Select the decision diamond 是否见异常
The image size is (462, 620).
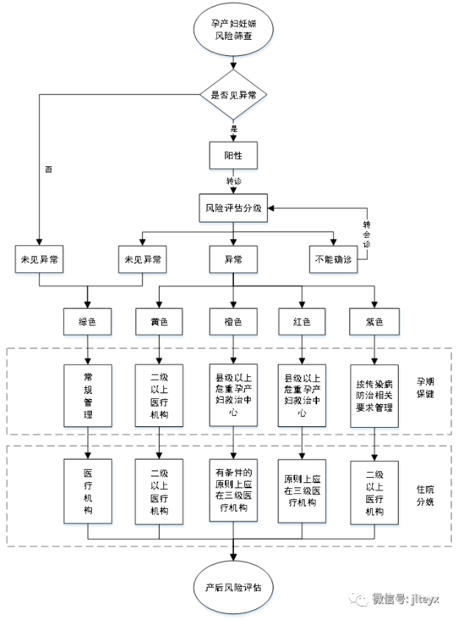click(233, 94)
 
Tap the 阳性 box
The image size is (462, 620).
click(233, 156)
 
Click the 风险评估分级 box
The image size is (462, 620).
click(233, 208)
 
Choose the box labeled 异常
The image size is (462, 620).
click(233, 259)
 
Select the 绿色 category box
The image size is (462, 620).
click(88, 322)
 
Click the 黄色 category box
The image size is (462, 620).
click(160, 322)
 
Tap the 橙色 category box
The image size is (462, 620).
click(233, 322)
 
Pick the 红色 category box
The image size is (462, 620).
click(302, 322)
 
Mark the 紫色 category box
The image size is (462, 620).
click(375, 322)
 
